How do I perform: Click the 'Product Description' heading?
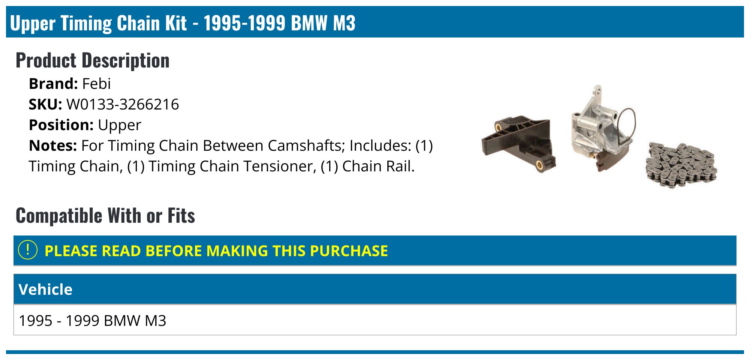pos(93,60)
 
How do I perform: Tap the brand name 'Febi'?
pos(96,84)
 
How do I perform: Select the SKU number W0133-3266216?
pos(123,104)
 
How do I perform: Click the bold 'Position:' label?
pos(61,125)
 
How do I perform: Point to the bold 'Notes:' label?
pos(53,145)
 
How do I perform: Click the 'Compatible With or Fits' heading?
pos(105,216)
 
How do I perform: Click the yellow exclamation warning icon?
pos(28,250)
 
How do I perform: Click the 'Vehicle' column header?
pos(45,289)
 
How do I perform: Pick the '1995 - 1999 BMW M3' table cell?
pos(93,321)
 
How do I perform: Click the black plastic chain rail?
pos(518,143)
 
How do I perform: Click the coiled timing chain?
pos(681,165)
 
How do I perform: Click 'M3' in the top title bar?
pos(344,23)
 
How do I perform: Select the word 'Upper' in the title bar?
pos(33,24)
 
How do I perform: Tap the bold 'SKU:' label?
pos(45,104)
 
